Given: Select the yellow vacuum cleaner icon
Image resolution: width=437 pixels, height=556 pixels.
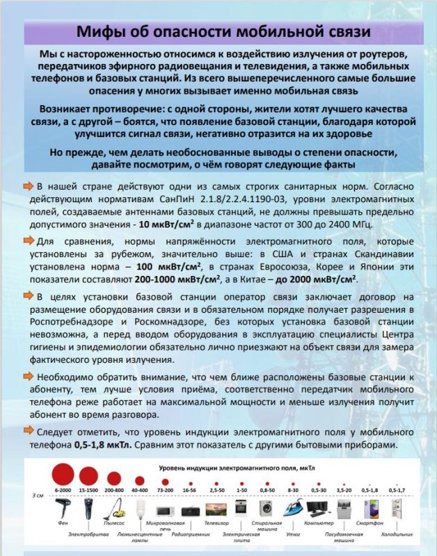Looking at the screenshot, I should (114, 508).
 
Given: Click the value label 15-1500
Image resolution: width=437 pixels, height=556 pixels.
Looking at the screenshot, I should (88, 490).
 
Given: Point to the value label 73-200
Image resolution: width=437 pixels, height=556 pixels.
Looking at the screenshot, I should (165, 490).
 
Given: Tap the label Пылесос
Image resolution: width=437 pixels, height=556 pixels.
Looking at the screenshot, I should (115, 522).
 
